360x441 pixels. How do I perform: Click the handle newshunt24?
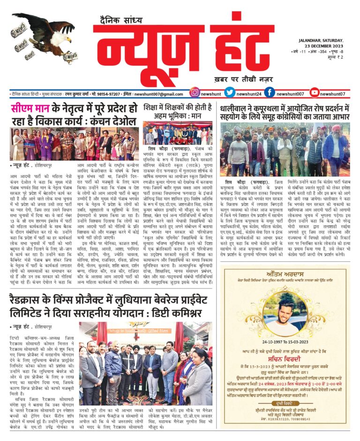click(249, 93)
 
